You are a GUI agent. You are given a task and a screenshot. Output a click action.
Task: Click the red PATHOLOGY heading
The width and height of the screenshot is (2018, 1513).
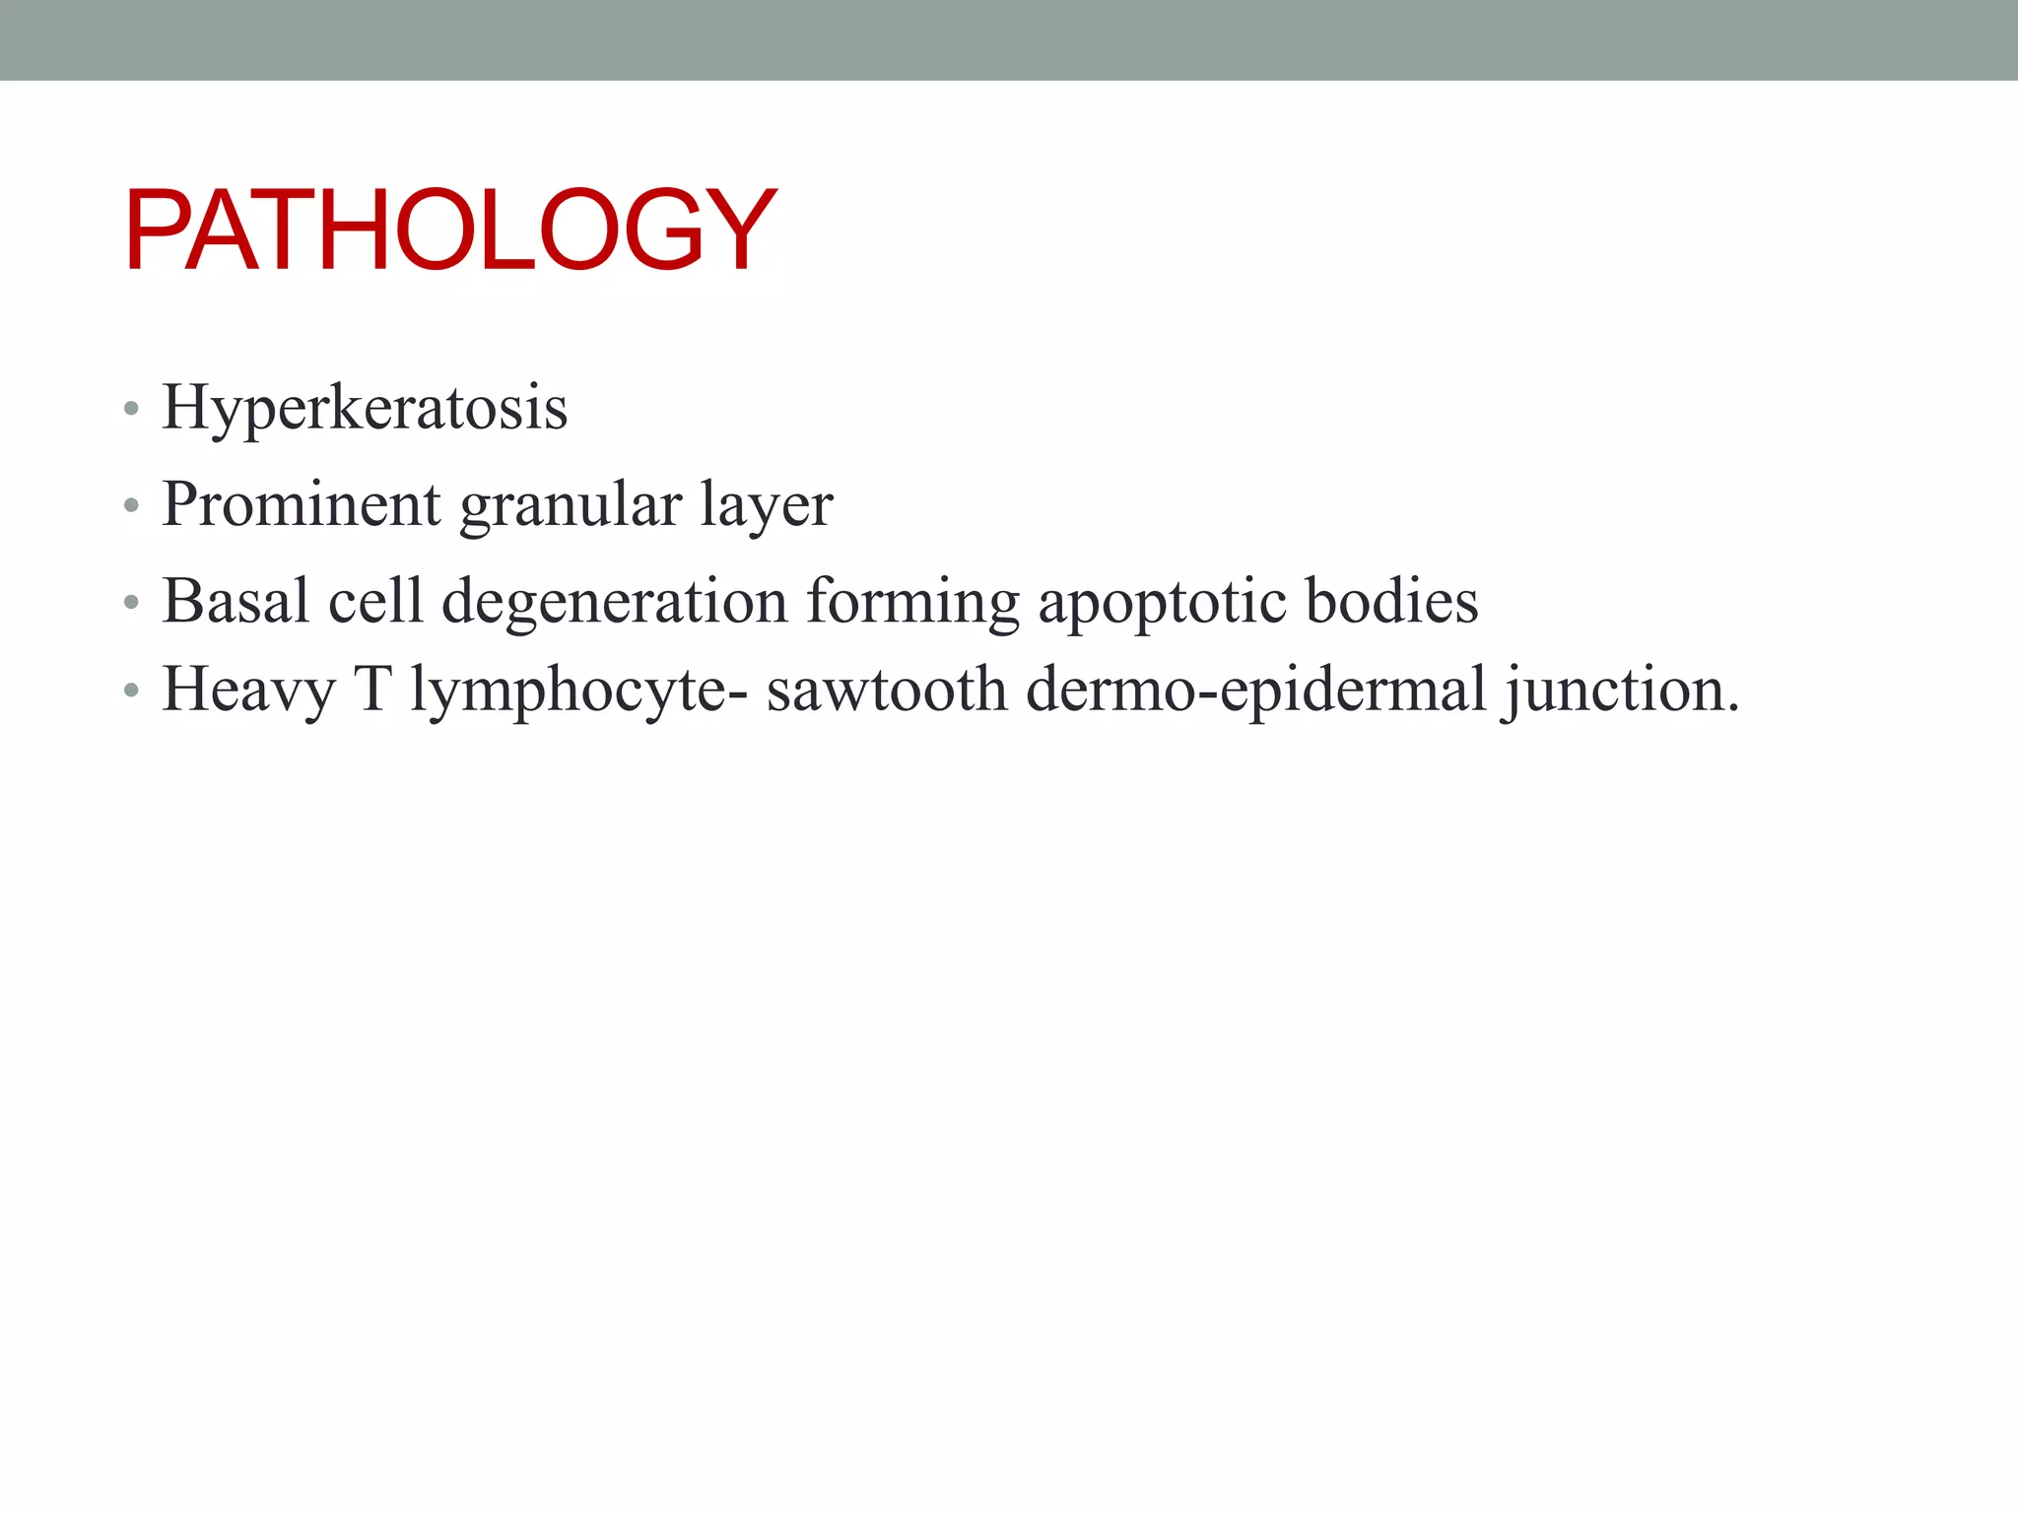click(450, 230)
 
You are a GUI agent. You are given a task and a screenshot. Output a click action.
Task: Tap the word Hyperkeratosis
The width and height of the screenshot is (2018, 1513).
click(365, 407)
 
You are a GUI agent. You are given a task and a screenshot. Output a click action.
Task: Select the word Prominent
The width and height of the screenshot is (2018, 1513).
click(301, 503)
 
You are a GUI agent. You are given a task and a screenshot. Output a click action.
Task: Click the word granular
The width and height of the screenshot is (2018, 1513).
click(571, 505)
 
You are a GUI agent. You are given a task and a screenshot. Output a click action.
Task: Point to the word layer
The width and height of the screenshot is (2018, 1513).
click(766, 505)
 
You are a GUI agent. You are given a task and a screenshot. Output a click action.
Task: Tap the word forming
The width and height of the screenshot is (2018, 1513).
click(912, 602)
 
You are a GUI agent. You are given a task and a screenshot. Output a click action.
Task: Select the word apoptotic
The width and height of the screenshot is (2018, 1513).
click(1162, 602)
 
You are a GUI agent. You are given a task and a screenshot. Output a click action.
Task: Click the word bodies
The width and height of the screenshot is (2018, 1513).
click(1391, 600)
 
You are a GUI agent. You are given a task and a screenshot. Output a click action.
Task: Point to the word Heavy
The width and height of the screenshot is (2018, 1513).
click(248, 689)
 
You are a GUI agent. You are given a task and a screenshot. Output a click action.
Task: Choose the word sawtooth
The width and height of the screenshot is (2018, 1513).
click(886, 689)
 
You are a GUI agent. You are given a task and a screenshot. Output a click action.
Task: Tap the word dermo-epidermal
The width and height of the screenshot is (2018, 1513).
click(1255, 689)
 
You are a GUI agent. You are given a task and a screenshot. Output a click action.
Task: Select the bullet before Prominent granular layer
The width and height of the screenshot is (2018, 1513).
click(131, 506)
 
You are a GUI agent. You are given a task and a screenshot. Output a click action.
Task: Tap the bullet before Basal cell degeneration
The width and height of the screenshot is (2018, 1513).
click(131, 603)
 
